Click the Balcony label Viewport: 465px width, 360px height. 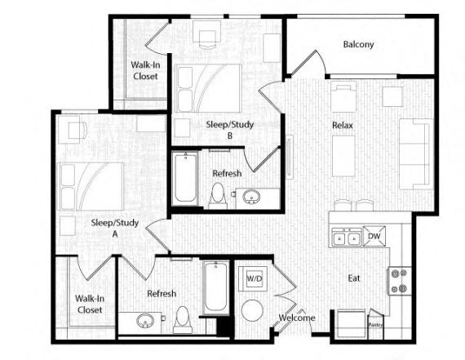[x=358, y=44]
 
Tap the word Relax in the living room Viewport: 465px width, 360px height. [x=342, y=126]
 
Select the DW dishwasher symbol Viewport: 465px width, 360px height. [x=375, y=237]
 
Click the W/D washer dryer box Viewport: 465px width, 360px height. [x=255, y=279]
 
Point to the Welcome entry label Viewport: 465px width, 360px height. [x=296, y=318]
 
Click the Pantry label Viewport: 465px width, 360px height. [x=376, y=323]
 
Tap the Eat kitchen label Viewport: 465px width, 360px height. [x=354, y=278]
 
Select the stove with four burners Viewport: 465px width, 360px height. [x=399, y=281]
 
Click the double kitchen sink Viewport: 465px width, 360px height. [x=347, y=238]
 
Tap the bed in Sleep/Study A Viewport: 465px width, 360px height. [x=91, y=187]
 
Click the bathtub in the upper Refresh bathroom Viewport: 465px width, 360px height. [x=184, y=179]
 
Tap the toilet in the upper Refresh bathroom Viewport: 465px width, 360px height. [x=218, y=195]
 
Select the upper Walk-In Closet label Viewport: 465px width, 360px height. [x=145, y=70]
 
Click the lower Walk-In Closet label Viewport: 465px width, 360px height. [x=89, y=304]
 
